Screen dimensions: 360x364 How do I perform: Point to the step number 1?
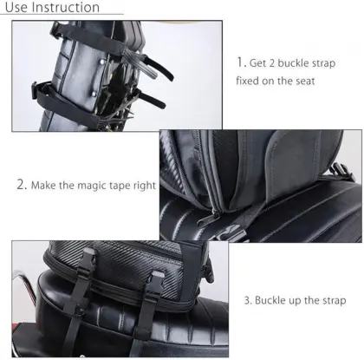click(240, 62)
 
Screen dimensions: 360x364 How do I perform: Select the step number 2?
click(22, 185)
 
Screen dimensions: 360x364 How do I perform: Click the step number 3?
click(247, 300)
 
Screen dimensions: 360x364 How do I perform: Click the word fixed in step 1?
click(251, 82)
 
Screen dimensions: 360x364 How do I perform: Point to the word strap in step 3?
click(331, 300)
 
